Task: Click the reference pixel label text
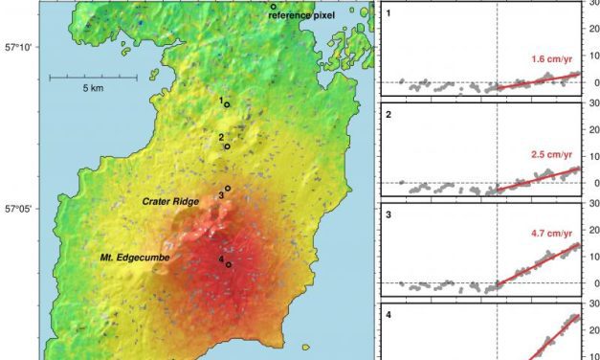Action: pyautogui.click(x=307, y=16)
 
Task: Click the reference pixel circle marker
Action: pyautogui.click(x=273, y=7)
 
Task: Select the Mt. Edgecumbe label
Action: pyautogui.click(x=128, y=258)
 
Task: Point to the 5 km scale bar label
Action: pyautogui.click(x=92, y=88)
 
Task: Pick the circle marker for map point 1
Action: pyautogui.click(x=227, y=104)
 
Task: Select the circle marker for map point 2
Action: pyautogui.click(x=227, y=146)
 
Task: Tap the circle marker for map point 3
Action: pyautogui.click(x=228, y=189)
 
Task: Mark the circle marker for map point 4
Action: pyautogui.click(x=229, y=264)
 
